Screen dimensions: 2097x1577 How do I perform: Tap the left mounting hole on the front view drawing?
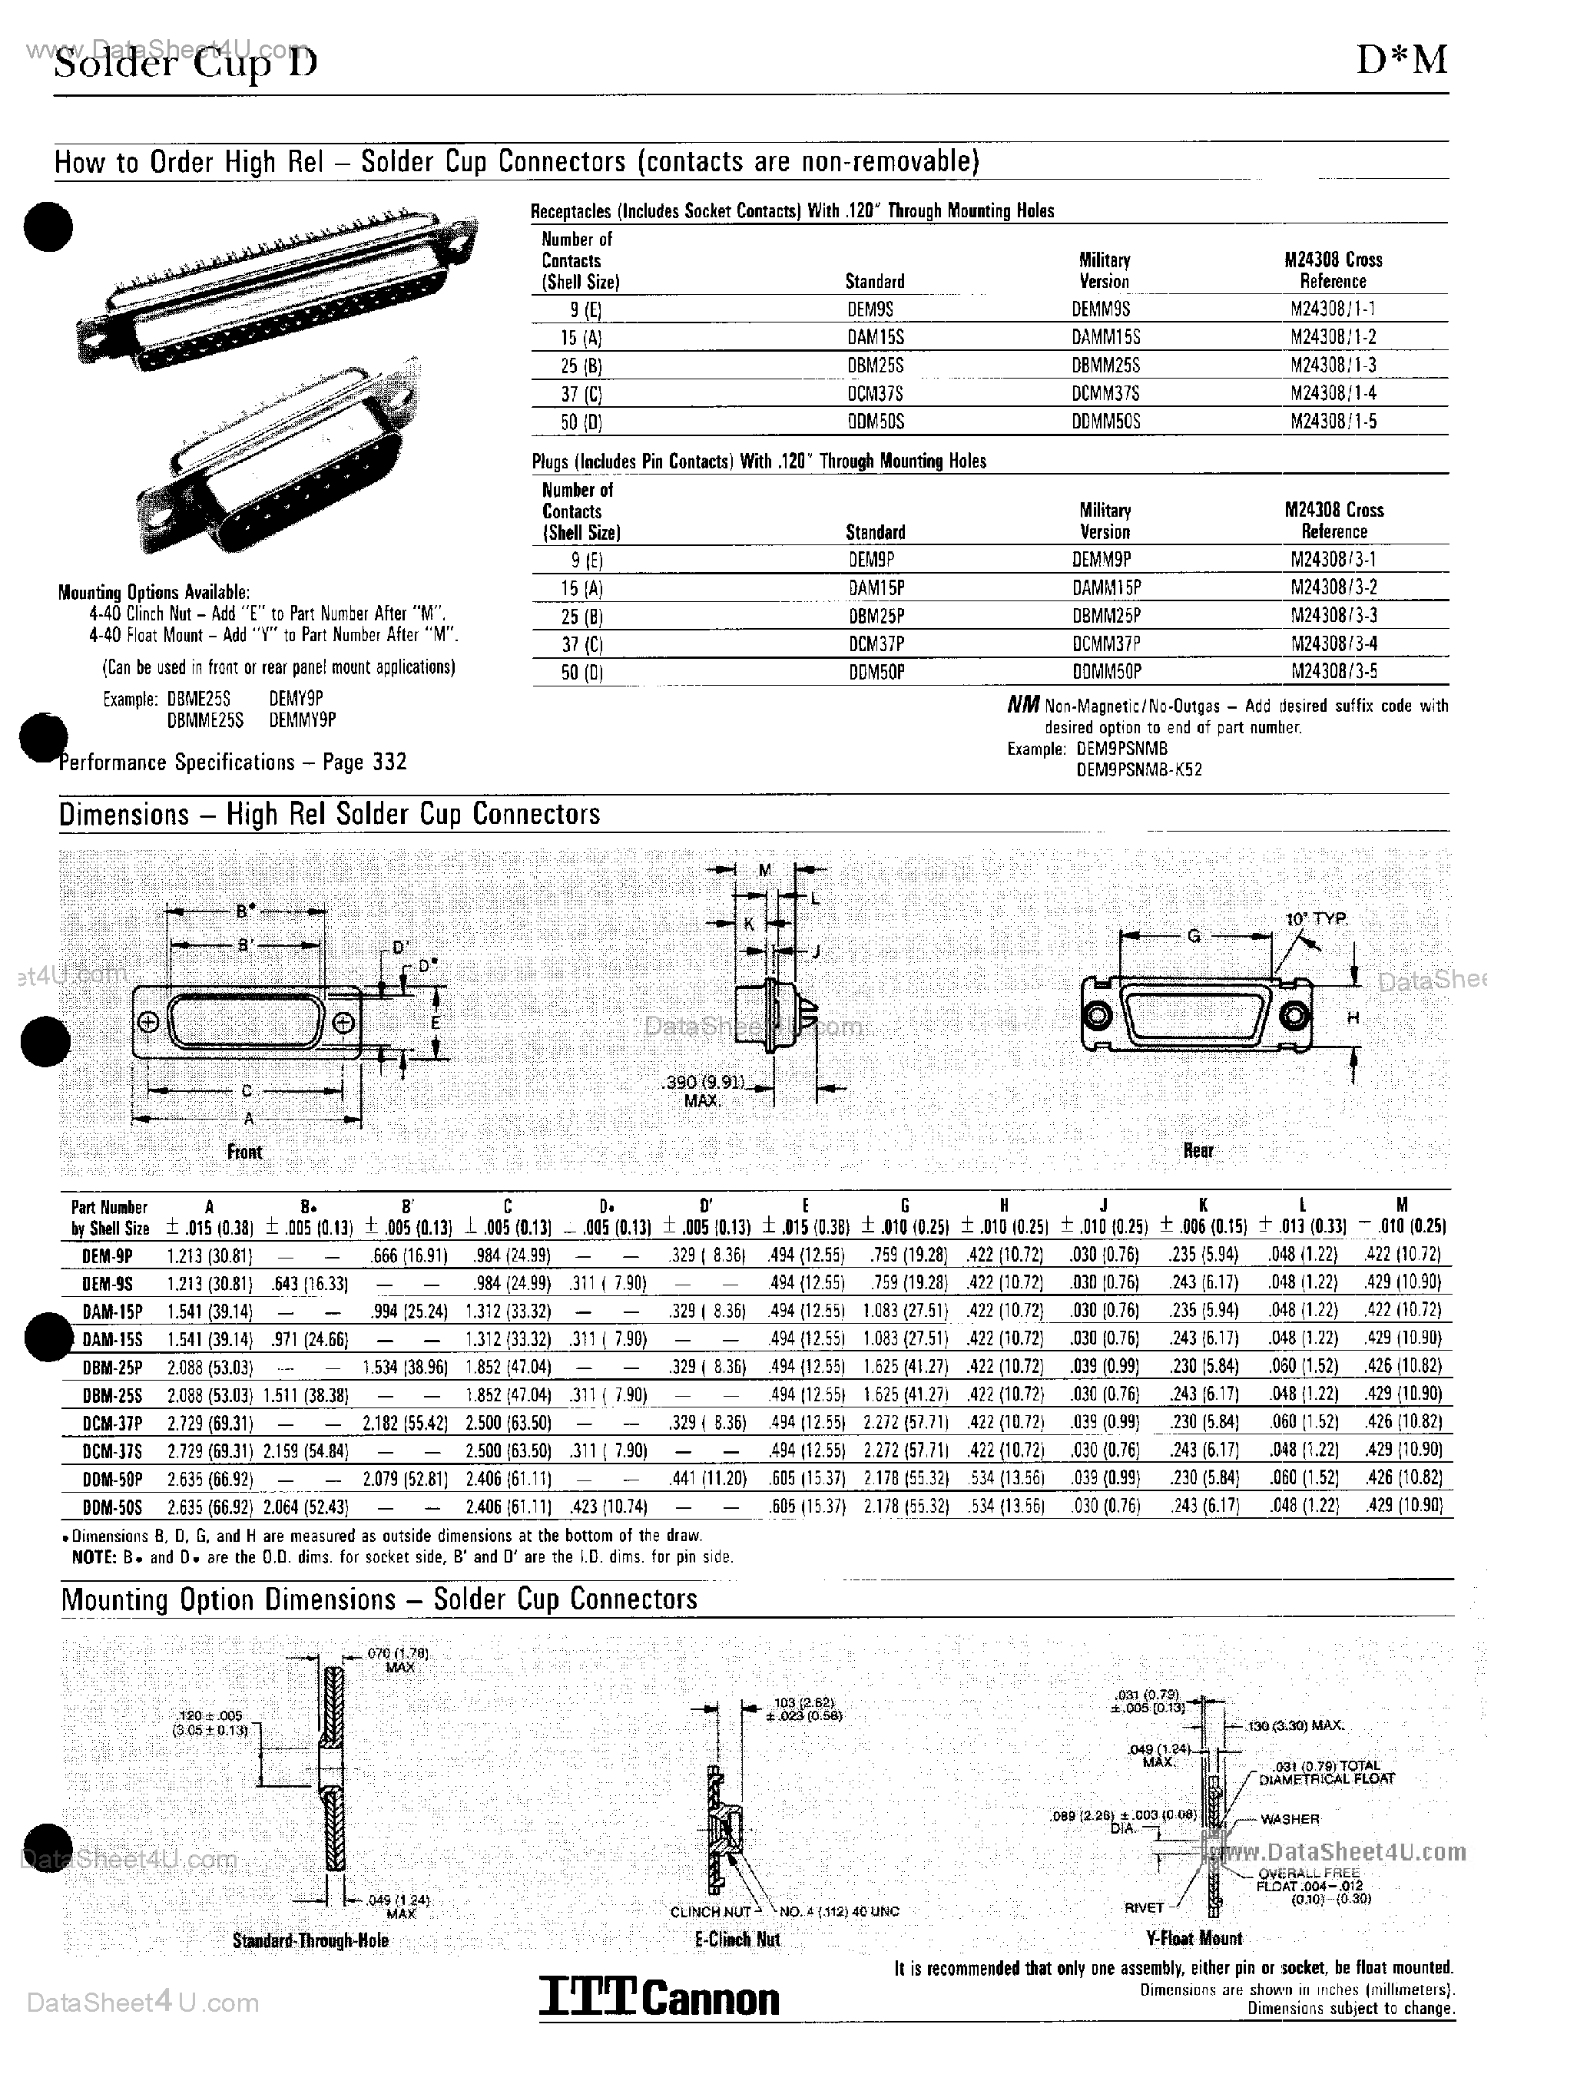pyautogui.click(x=148, y=1023)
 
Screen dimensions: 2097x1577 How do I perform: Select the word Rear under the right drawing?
pyautogui.click(x=1198, y=1150)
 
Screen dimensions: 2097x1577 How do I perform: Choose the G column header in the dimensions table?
pyautogui.click(x=905, y=1206)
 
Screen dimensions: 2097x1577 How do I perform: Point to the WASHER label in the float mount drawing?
pyautogui.click(x=1290, y=1819)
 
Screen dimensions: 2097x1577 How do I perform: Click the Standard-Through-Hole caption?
pyautogui.click(x=310, y=1940)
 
